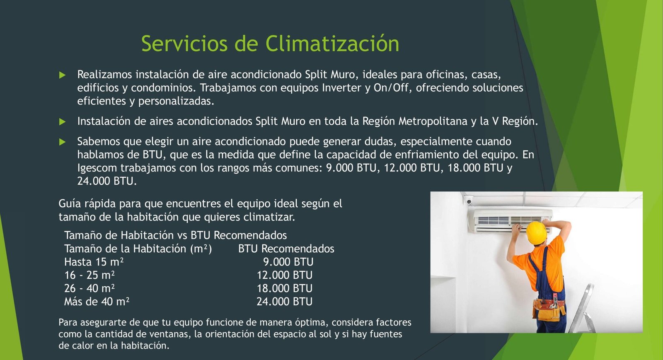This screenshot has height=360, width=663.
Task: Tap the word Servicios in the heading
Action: pyautogui.click(x=184, y=43)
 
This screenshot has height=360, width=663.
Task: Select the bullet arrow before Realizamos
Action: pyautogui.click(x=62, y=75)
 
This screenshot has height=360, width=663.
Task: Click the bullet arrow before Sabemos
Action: pyautogui.click(x=62, y=142)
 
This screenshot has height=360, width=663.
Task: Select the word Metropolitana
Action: pyautogui.click(x=433, y=121)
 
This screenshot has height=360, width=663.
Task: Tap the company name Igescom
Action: pyautogui.click(x=97, y=168)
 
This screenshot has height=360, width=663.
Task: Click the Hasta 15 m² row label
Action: pyautogui.click(x=94, y=262)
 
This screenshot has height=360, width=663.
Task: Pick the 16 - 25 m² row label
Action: pyautogui.click(x=90, y=275)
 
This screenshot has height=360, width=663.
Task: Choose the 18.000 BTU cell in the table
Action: pyautogui.click(x=284, y=288)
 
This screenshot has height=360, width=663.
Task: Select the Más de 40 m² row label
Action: pyautogui.click(x=97, y=302)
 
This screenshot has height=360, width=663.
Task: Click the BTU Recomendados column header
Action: pyautogui.click(x=286, y=249)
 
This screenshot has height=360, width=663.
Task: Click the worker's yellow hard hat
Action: pyautogui.click(x=536, y=232)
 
